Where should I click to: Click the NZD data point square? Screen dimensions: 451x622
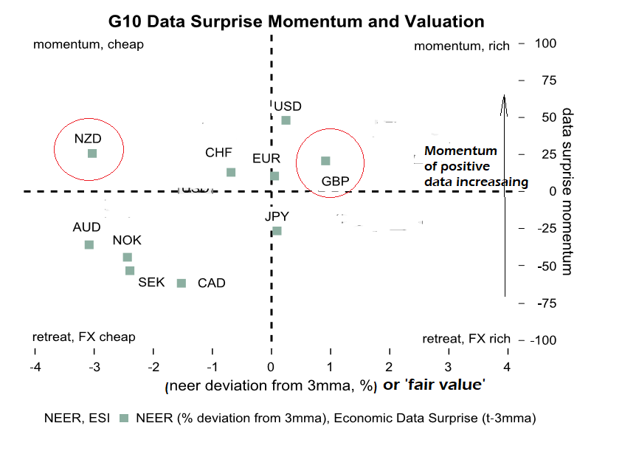pyautogui.click(x=92, y=154)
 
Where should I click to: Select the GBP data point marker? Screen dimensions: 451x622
pyautogui.click(x=325, y=161)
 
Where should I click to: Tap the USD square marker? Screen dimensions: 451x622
pyautogui.click(x=286, y=120)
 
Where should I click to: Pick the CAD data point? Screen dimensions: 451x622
pyautogui.click(x=182, y=283)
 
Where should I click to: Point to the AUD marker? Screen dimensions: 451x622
pyautogui.click(x=89, y=244)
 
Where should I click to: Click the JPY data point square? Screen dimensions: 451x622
pyautogui.click(x=277, y=231)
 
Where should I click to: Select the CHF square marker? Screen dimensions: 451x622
pyautogui.click(x=231, y=172)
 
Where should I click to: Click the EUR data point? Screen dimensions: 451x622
pyautogui.click(x=274, y=176)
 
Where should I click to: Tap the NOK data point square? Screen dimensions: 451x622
pyautogui.click(x=127, y=257)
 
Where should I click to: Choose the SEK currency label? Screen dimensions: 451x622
pyautogui.click(x=152, y=283)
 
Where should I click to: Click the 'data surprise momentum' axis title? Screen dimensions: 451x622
pyautogui.click(x=567, y=191)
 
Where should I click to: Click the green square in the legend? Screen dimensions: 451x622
pyautogui.click(x=123, y=419)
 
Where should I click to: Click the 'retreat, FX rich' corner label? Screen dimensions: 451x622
pyautogui.click(x=466, y=339)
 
